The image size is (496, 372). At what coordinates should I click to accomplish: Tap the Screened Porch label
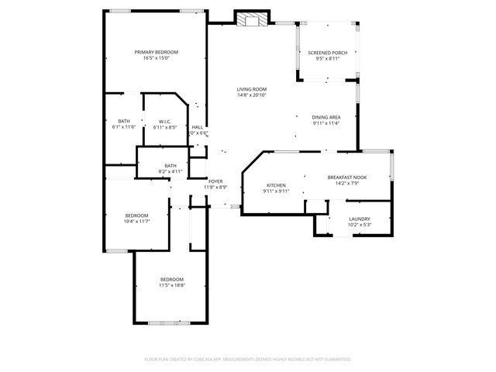click(x=323, y=53)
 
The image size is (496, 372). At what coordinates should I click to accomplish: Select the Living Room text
click(x=252, y=89)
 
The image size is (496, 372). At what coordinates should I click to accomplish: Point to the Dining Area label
click(x=326, y=117)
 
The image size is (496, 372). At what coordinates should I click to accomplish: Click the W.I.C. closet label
click(x=164, y=122)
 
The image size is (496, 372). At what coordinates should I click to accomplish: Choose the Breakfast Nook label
click(x=346, y=177)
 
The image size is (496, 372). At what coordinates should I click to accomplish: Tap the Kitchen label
click(x=277, y=185)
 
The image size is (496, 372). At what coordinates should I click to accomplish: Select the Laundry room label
click(x=359, y=219)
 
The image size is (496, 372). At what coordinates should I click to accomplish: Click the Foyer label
click(x=215, y=181)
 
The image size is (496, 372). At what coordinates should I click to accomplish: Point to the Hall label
click(x=198, y=127)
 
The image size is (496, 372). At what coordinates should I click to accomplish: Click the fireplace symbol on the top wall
click(x=250, y=19)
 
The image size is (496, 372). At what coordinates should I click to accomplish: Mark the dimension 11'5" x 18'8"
click(x=172, y=285)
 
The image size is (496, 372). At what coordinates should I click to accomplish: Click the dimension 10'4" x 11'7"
click(x=136, y=221)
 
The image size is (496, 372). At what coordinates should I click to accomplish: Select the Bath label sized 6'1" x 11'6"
click(x=124, y=122)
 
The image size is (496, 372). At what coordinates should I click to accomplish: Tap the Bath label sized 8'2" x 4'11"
click(x=170, y=165)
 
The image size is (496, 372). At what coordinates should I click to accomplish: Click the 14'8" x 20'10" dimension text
click(x=252, y=95)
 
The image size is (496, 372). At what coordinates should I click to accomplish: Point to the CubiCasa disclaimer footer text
click(x=248, y=359)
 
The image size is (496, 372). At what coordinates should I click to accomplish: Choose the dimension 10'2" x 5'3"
click(x=359, y=225)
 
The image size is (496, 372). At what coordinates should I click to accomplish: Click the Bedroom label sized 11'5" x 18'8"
click(x=172, y=279)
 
